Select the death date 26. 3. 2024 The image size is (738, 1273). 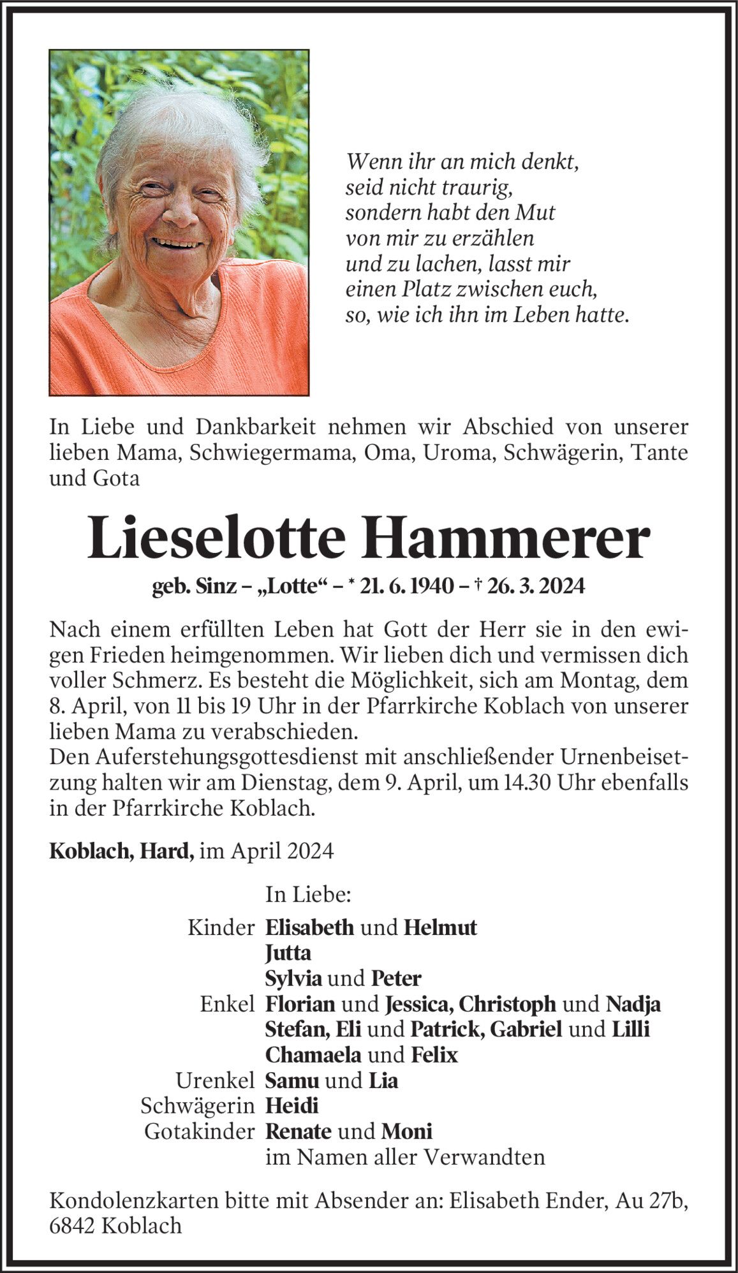[x=534, y=585]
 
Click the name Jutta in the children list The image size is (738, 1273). [x=288, y=953]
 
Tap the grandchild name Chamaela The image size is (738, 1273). [x=313, y=1055]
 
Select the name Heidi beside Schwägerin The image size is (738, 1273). [x=292, y=1106]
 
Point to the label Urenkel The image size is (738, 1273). [x=216, y=1080]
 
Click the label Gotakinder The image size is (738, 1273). [x=199, y=1131]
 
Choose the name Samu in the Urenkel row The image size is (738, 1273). [x=292, y=1080]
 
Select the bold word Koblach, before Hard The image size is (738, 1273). [x=89, y=851]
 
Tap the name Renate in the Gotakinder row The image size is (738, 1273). [x=298, y=1131]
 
